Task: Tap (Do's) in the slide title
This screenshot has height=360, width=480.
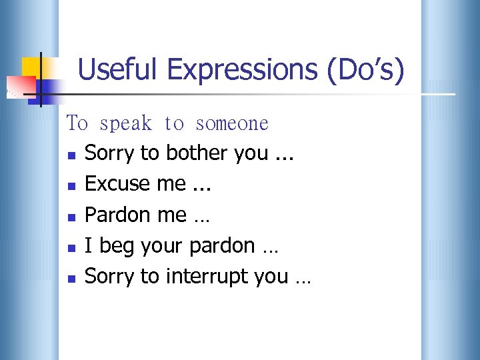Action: tap(365, 69)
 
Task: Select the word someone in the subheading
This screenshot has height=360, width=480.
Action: tap(232, 123)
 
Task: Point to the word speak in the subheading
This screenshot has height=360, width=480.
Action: tap(126, 123)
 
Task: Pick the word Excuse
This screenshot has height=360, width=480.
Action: tap(117, 184)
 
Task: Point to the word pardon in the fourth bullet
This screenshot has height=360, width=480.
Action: tap(222, 246)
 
